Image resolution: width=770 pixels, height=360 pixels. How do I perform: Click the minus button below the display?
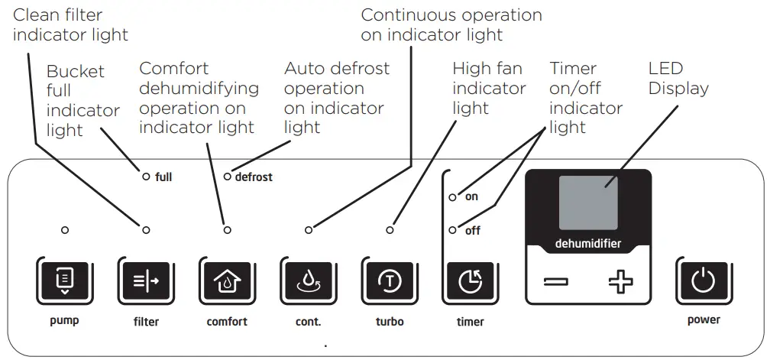pos(556,283)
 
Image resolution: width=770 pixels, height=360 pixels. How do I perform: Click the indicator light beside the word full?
pos(145,177)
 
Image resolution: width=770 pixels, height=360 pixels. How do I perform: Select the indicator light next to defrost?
pos(227,177)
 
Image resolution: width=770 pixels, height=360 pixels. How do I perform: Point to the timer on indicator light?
pos(453,197)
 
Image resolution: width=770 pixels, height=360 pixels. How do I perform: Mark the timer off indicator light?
pos(453,230)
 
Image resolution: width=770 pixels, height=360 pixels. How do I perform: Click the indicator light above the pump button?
pos(65,229)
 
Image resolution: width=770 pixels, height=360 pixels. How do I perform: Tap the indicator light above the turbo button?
pos(390,229)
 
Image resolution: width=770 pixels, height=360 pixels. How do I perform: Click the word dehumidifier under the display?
pos(587,245)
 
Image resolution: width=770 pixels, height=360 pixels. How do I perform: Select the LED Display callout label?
pos(678,79)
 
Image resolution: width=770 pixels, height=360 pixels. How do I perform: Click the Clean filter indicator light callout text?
pos(70,24)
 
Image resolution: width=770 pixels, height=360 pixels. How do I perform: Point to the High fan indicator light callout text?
pos(489,89)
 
